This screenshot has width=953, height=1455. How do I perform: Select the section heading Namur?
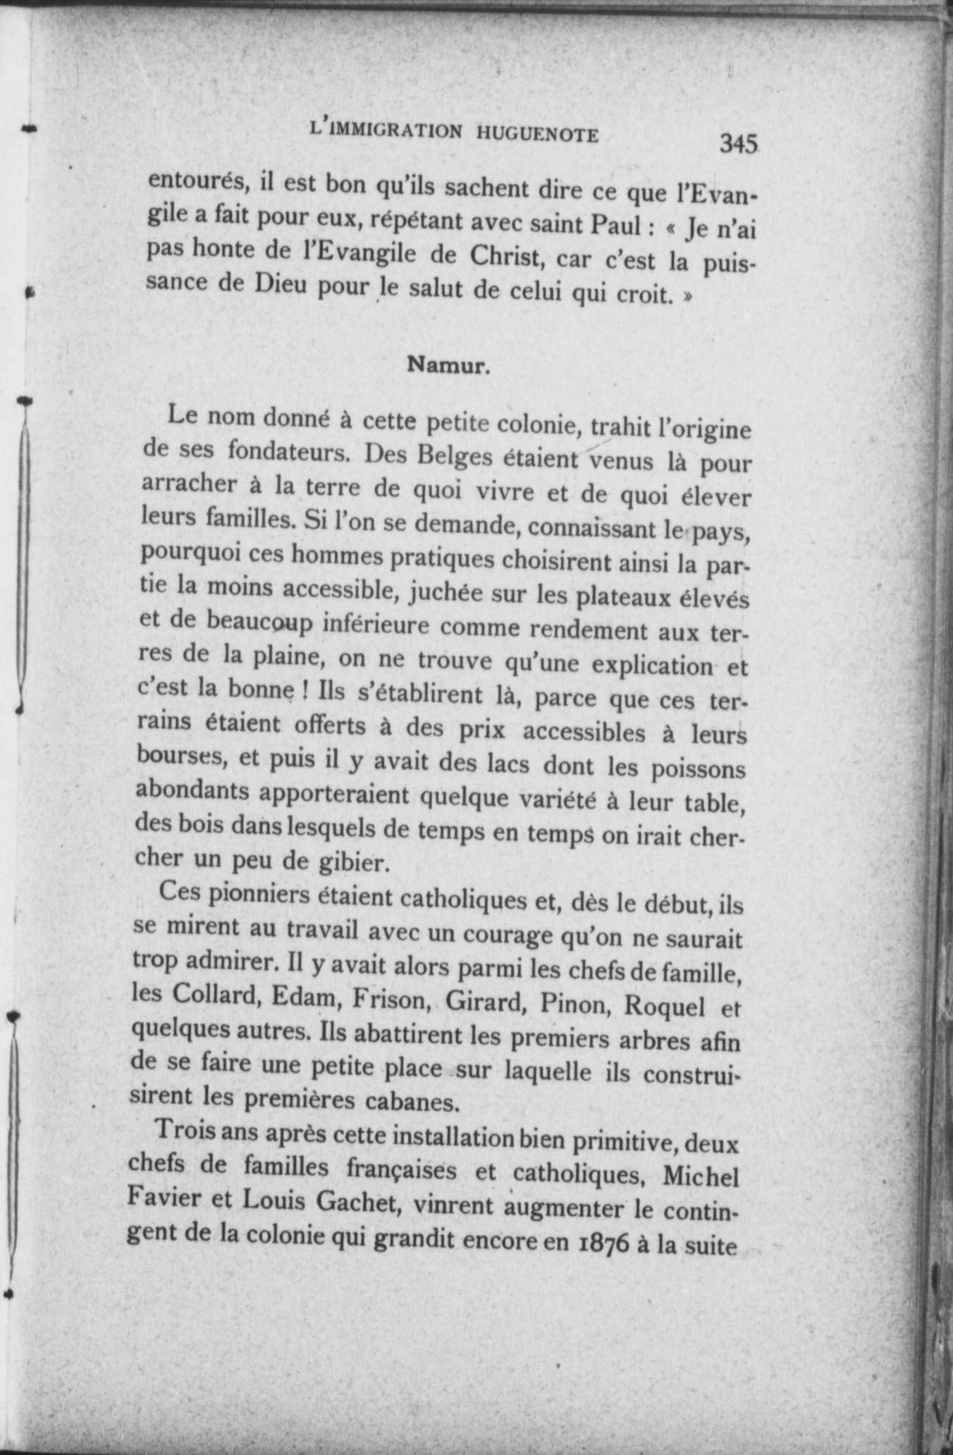[448, 365]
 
